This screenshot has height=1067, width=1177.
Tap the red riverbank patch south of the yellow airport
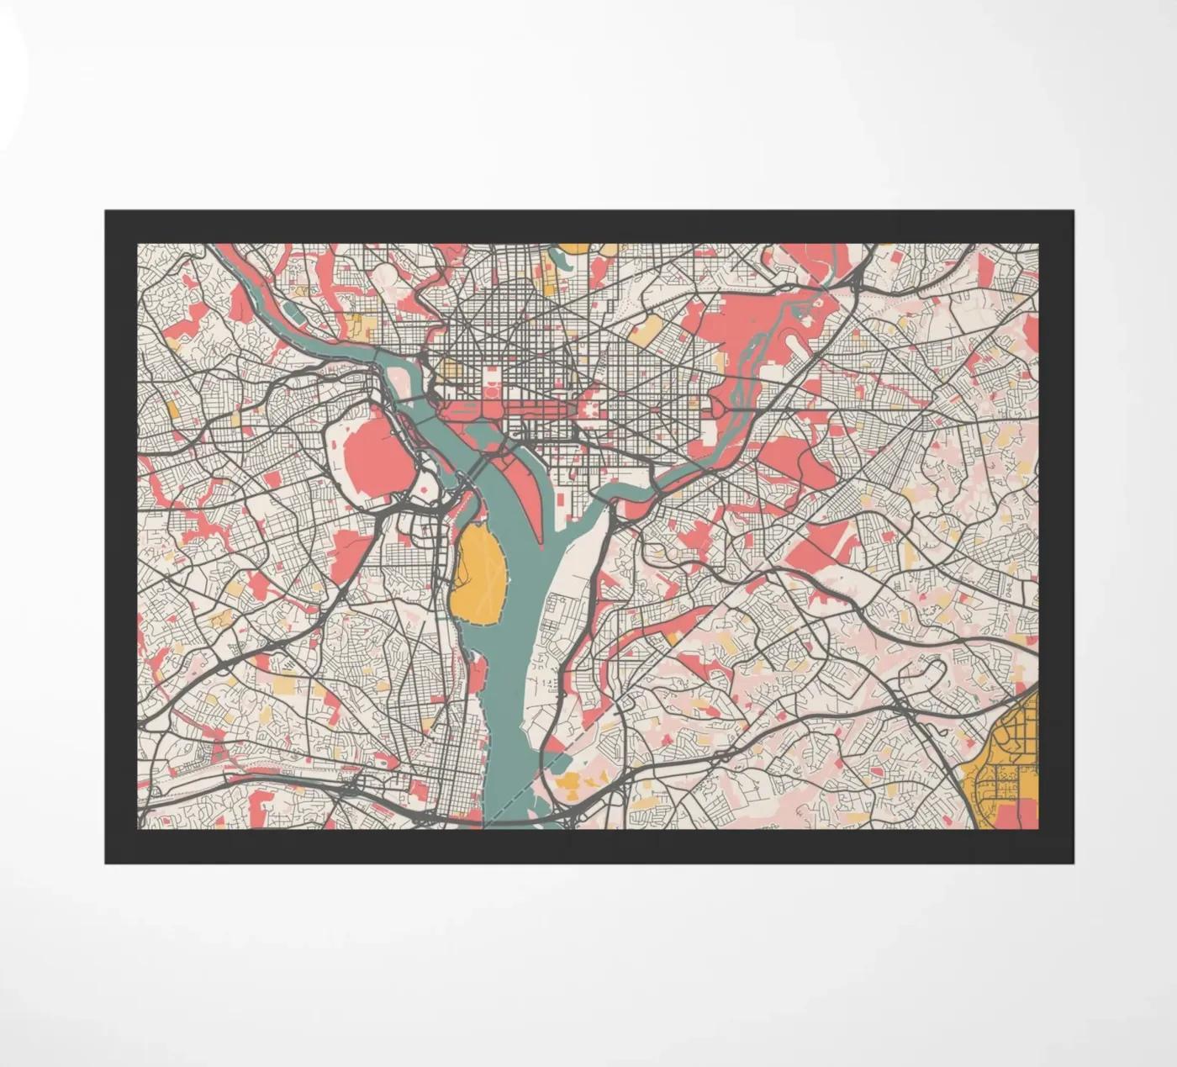(x=478, y=673)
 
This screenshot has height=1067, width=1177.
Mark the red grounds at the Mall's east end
(x=594, y=410)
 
